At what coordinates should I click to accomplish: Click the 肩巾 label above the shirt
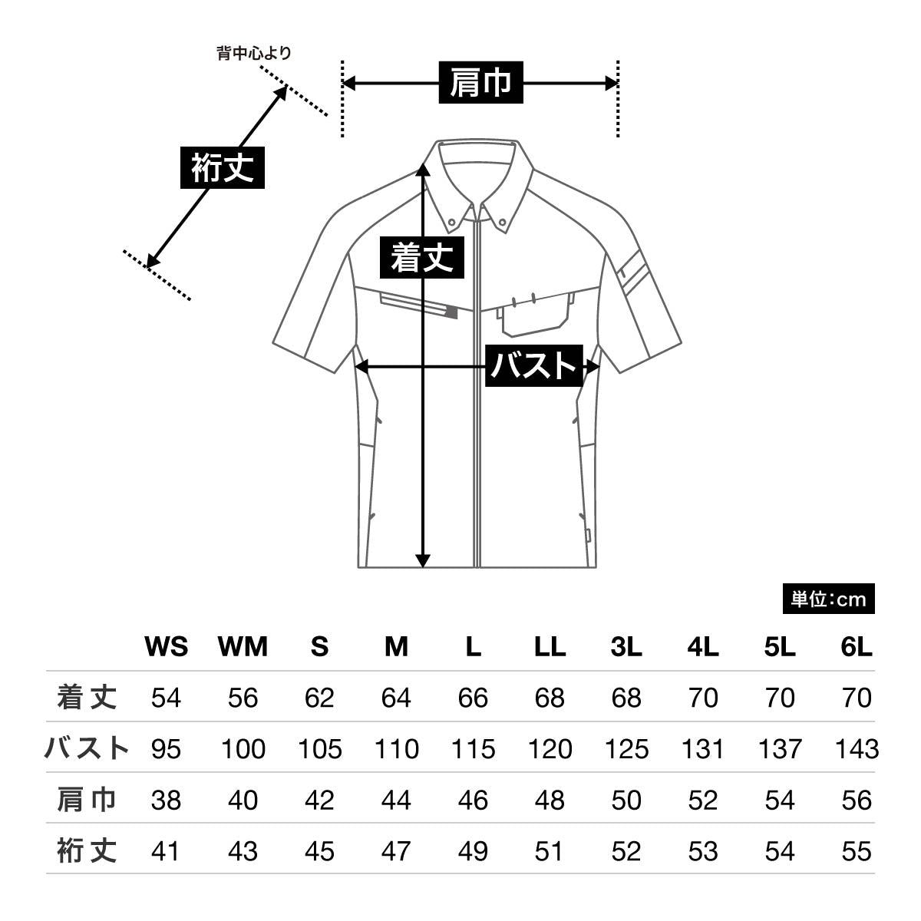point(481,83)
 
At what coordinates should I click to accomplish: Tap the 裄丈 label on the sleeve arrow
point(223,167)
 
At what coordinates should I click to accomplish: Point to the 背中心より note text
point(254,53)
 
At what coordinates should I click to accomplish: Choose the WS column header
point(166,647)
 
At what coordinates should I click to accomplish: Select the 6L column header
point(857,647)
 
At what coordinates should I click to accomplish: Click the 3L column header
point(626,647)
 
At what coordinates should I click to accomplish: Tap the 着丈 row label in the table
point(87,697)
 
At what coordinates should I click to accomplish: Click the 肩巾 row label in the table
point(87,800)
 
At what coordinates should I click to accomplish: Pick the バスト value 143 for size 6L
point(857,748)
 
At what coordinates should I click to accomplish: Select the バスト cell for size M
point(396,748)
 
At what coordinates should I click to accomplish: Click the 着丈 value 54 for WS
point(166,698)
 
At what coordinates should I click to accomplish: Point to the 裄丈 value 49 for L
point(473,851)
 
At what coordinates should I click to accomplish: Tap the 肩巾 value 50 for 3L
point(626,800)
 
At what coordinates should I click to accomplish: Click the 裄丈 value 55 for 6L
point(857,851)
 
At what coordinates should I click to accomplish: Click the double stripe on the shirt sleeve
point(634,274)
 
